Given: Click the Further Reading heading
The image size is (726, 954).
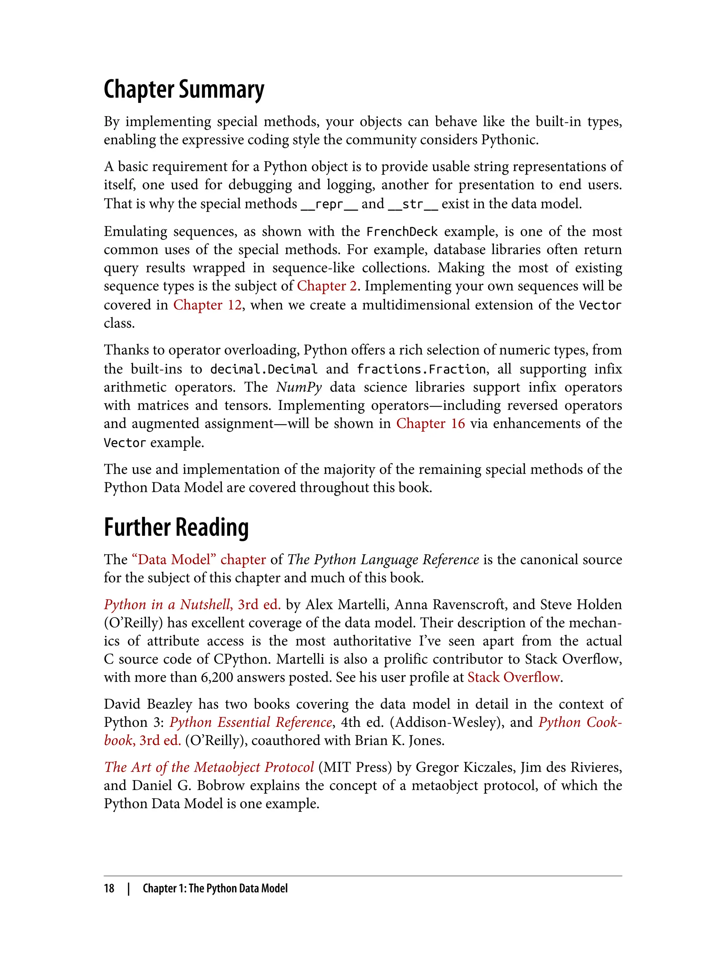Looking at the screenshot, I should (x=176, y=527).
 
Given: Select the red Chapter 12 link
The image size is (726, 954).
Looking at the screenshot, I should (x=207, y=305).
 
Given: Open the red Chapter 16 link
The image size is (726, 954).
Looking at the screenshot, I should (x=430, y=423).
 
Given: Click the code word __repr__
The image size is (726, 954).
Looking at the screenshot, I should (x=329, y=204).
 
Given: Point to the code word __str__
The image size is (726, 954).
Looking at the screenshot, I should (x=413, y=204).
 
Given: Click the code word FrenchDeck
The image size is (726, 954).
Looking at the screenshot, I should (x=402, y=231).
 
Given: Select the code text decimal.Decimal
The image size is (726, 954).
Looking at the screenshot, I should (x=264, y=369).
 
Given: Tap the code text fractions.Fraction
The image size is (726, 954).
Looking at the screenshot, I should (x=422, y=369).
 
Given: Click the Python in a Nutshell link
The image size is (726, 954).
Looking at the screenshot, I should (x=192, y=604).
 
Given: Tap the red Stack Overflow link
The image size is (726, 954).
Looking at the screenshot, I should (x=513, y=677).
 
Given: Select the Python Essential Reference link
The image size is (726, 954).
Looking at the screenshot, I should (x=251, y=722).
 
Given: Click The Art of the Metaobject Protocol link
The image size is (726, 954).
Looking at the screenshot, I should (x=209, y=767).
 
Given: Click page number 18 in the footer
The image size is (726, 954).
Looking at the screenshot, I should (x=109, y=888).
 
